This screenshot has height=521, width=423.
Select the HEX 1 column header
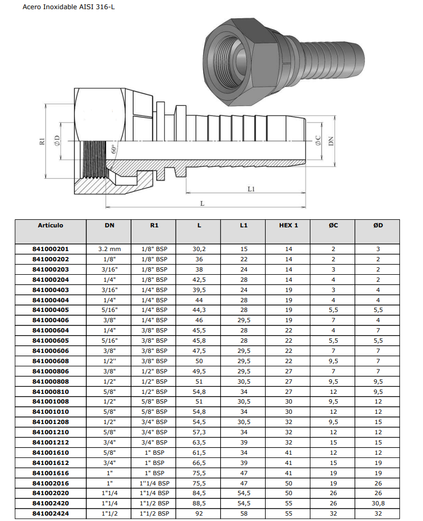(x=288, y=225)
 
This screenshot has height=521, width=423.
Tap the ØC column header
(x=333, y=225)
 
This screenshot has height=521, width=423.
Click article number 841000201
(x=51, y=249)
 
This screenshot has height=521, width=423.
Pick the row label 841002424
(x=51, y=513)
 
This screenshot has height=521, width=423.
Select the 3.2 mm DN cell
(x=109, y=249)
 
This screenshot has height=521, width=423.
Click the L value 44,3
(x=199, y=310)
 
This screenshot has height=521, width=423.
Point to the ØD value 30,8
(x=378, y=503)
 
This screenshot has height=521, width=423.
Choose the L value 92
(x=199, y=513)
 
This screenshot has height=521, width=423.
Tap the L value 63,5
(x=199, y=442)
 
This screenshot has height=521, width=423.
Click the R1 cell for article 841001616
(x=154, y=473)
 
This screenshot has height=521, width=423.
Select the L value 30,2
(x=199, y=249)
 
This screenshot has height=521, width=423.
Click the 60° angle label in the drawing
(x=114, y=149)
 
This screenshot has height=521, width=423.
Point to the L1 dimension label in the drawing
(x=251, y=189)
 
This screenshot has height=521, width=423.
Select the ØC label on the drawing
(x=318, y=141)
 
